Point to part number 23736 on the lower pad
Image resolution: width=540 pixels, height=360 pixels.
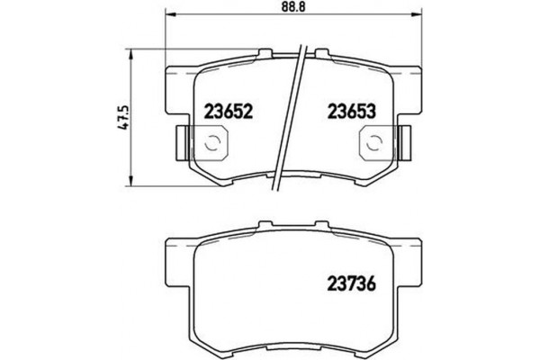(x=347, y=287)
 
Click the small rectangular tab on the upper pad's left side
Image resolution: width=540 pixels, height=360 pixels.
(x=179, y=139)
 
